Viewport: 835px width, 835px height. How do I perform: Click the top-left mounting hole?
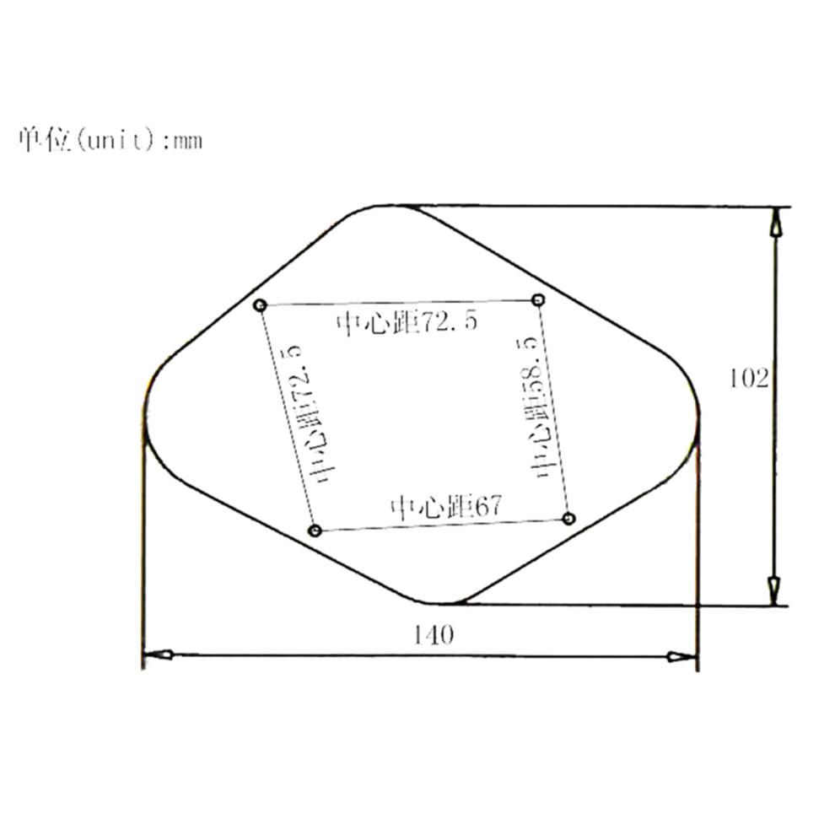click(x=260, y=305)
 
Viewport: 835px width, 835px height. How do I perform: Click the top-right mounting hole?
click(x=538, y=299)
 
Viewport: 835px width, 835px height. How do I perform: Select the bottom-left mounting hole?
click(x=315, y=531)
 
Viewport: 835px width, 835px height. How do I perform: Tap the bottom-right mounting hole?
click(x=568, y=518)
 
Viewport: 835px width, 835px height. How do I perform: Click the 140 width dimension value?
click(x=434, y=634)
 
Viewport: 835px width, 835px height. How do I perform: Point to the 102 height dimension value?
click(x=748, y=379)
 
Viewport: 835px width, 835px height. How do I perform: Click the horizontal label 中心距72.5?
click(x=407, y=322)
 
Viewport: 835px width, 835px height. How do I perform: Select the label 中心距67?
click(x=446, y=507)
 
